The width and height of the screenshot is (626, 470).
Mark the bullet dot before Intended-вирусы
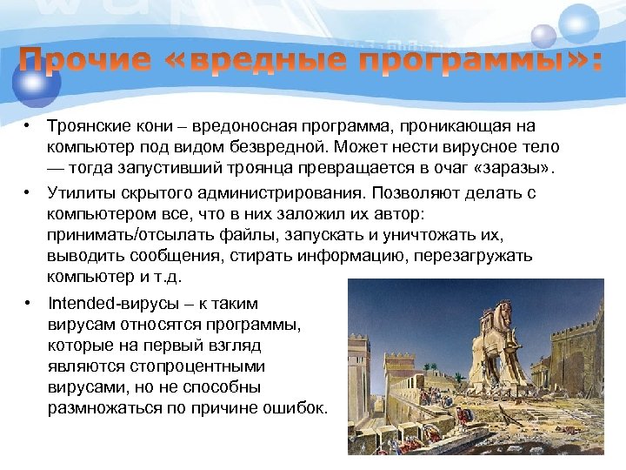click(x=29, y=304)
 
